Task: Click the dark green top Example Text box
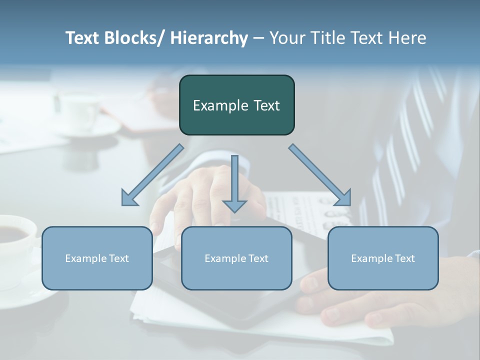click(236, 105)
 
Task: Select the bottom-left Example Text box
click(97, 258)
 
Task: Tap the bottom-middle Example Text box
click(236, 258)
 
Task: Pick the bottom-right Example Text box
click(383, 258)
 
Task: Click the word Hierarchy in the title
click(209, 38)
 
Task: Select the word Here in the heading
click(407, 38)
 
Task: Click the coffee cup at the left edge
click(15, 240)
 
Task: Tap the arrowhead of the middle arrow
click(234, 205)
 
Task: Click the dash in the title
click(258, 38)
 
